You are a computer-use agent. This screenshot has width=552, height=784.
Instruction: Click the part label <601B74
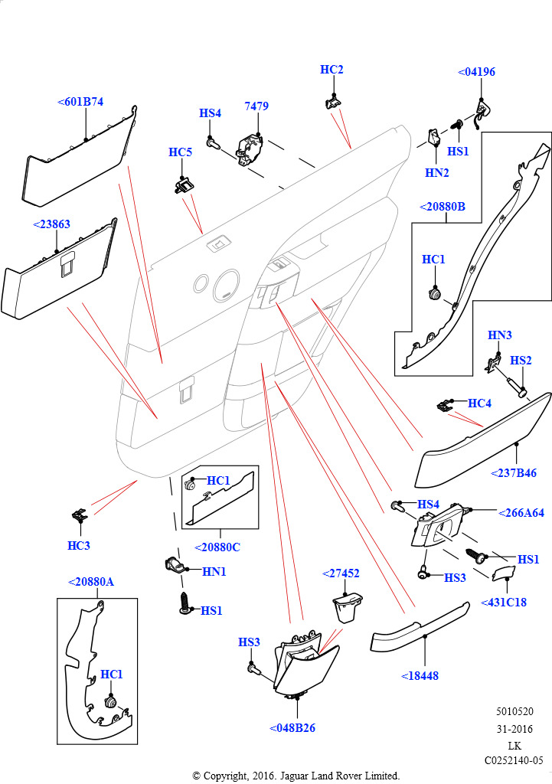coord(80,101)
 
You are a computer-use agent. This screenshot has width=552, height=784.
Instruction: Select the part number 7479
coord(256,106)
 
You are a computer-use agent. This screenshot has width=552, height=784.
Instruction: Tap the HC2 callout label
coord(332,70)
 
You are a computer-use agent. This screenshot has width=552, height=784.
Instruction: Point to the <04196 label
coord(476,72)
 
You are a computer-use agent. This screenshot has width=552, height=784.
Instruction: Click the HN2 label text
coord(436,173)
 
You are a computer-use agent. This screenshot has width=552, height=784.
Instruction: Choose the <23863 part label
coord(52,224)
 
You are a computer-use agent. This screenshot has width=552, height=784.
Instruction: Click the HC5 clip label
coord(180,152)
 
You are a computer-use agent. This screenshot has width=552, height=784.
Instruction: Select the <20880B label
coord(443,206)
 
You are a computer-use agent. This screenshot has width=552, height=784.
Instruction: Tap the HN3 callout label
coord(500,335)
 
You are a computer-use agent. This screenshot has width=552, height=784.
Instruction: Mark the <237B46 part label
coord(514,474)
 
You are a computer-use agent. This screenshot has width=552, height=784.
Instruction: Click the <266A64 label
coord(521,513)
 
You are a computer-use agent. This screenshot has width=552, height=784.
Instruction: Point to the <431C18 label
coord(504,603)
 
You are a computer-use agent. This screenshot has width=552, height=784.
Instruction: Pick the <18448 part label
coord(420,676)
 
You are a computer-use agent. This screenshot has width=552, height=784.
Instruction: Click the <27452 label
coord(341,573)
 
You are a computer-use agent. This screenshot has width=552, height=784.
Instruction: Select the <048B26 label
coord(292,728)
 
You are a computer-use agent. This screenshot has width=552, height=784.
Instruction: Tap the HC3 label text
coord(79,546)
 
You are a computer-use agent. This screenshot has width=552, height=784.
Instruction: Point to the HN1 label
coord(214,571)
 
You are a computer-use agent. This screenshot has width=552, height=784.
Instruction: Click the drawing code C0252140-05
coord(513,760)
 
